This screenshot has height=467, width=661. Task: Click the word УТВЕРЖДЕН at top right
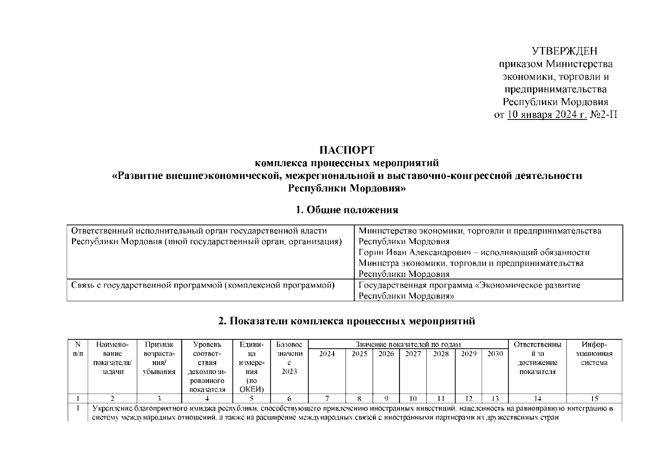[x=564, y=51]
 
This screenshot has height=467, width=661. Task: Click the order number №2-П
[x=604, y=115]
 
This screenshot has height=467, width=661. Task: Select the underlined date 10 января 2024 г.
[x=547, y=115]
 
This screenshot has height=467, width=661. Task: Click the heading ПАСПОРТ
[x=347, y=150]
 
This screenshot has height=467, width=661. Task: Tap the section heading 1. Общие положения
[x=347, y=210]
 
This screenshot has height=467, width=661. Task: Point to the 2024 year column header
[x=327, y=354]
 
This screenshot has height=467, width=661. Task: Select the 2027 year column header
[x=413, y=354]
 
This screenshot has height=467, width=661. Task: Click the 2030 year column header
[x=495, y=354]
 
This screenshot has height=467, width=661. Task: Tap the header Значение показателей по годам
[x=408, y=344]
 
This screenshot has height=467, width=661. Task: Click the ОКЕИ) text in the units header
[x=251, y=389]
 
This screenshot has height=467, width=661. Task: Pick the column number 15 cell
[x=594, y=398]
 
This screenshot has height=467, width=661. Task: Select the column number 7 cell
[x=327, y=398]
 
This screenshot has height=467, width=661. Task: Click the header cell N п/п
[x=78, y=349]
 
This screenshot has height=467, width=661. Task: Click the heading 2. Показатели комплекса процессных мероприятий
[x=347, y=321]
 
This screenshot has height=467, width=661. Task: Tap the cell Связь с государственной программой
[x=203, y=286]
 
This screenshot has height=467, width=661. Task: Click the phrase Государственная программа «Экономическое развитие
[x=469, y=286]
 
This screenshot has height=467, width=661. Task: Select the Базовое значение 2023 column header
[x=289, y=358]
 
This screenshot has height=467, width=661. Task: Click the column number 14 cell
[x=537, y=398]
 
